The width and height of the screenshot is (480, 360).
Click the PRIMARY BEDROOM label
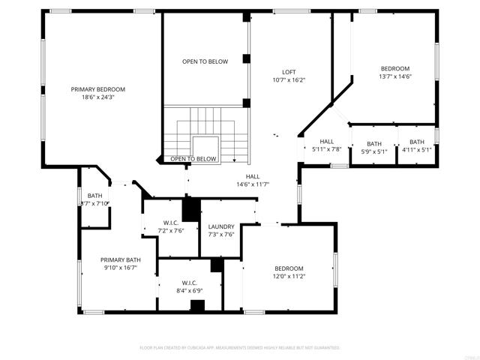click(98, 89)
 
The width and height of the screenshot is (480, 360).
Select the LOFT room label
click(289, 71)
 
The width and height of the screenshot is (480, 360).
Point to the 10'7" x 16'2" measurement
click(289, 79)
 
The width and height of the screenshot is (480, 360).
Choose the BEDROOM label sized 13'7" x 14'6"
click(395, 67)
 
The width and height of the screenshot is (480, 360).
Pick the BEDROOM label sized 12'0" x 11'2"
click(289, 268)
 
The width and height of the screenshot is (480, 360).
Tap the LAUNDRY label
click(221, 226)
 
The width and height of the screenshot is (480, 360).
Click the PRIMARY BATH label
click(121, 259)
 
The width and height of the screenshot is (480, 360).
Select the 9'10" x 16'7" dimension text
click(121, 268)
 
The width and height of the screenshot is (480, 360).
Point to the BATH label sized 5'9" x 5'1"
click(374, 143)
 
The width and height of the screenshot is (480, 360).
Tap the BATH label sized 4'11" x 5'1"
click(416, 142)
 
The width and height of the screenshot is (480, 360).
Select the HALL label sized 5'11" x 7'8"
click(327, 141)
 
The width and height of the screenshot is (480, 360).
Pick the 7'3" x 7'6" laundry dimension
click(221, 235)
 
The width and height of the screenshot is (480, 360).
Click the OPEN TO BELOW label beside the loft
click(205, 61)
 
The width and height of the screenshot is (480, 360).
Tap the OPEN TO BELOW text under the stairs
click(193, 159)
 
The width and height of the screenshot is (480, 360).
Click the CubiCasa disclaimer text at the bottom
click(240, 348)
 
